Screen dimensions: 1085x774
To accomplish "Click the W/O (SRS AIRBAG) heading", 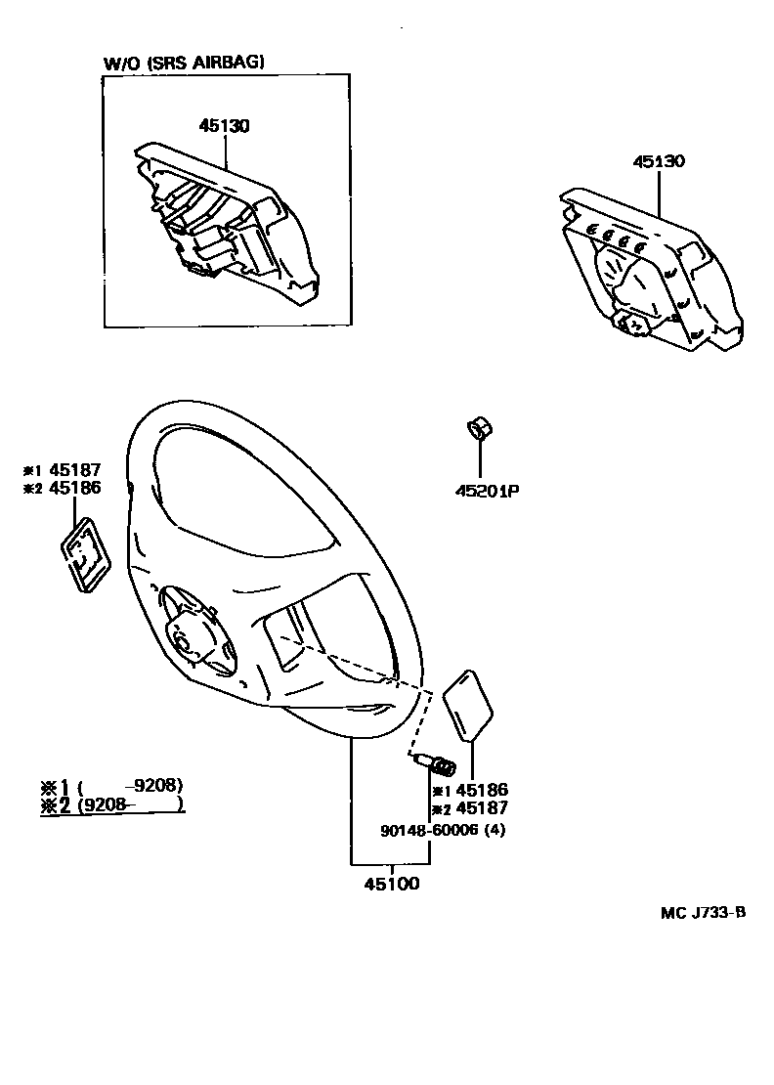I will point(185,63).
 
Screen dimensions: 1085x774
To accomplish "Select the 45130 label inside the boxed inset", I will point(225,126).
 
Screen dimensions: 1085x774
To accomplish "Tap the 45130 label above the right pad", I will point(658,161).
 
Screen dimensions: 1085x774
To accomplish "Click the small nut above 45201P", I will point(479,429).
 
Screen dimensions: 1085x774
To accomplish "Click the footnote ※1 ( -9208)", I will point(112,786).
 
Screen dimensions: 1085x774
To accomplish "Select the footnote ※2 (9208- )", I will point(112,804).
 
